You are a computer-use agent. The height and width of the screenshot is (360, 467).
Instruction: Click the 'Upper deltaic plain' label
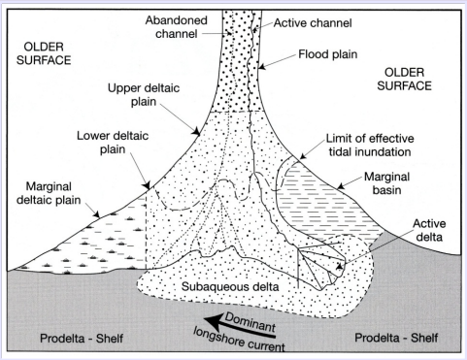point(142,96)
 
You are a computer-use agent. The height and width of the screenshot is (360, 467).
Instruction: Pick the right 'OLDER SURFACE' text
point(413,80)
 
